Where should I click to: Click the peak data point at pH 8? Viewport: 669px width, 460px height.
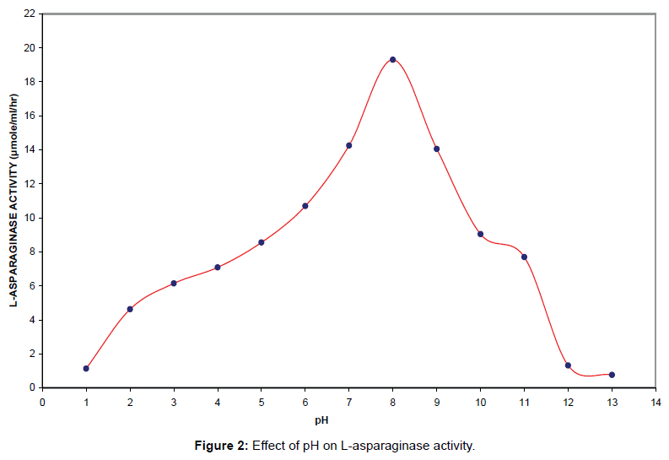click(392, 60)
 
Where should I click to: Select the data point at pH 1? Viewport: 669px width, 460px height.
click(86, 368)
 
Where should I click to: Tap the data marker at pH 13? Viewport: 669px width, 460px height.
click(612, 375)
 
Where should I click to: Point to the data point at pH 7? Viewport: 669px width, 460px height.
click(348, 146)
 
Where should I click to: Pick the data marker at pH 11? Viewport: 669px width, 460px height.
click(524, 257)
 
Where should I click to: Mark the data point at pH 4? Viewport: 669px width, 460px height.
click(218, 268)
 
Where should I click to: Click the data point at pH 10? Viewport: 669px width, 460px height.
click(480, 234)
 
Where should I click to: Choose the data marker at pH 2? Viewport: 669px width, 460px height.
click(130, 309)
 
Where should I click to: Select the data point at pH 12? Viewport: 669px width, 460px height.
click(568, 365)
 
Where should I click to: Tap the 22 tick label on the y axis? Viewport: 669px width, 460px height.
click(30, 14)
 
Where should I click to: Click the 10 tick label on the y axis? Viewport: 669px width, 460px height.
click(30, 218)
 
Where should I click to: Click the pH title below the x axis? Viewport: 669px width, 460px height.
click(322, 419)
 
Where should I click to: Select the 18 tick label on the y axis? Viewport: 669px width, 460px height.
click(30, 82)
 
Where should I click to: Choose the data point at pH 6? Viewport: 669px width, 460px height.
click(305, 206)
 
